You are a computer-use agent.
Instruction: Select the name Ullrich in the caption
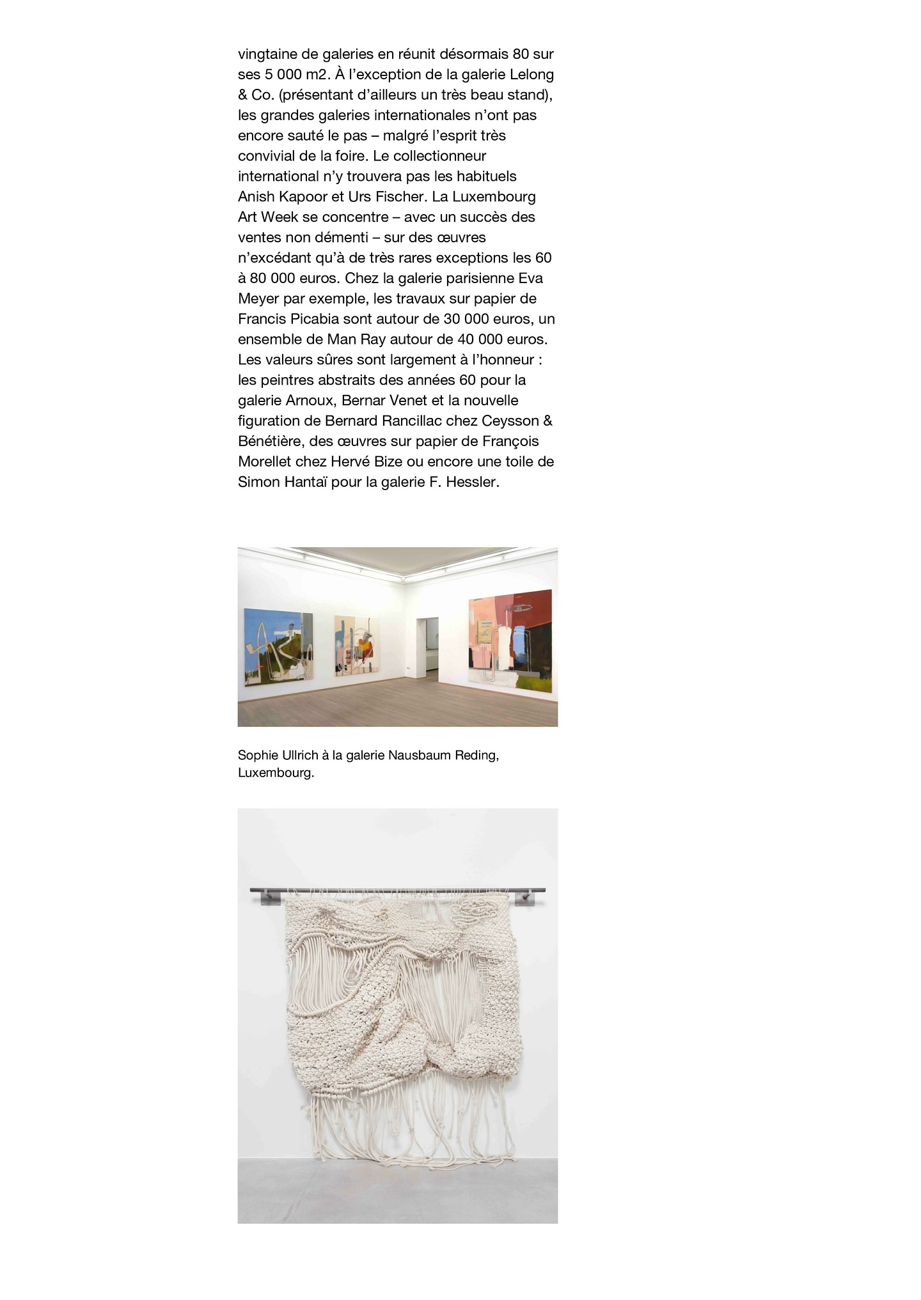pos(296,755)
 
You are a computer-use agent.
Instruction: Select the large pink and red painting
pos(510,640)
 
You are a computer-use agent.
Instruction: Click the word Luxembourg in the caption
pos(274,773)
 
